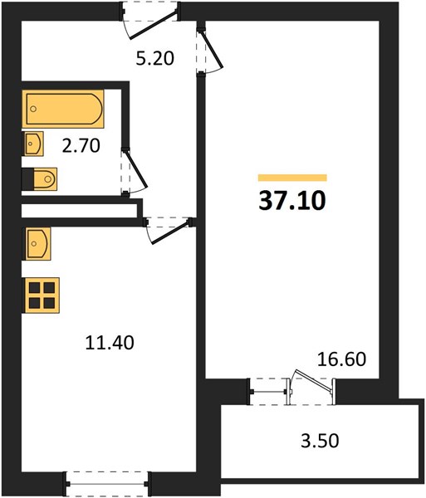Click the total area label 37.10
click(292, 202)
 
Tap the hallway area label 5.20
click(155, 58)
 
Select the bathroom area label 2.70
click(81, 146)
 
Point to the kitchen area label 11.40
click(110, 343)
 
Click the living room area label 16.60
click(342, 359)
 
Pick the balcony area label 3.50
click(320, 441)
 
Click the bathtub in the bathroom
click(63, 109)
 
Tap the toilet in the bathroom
click(39, 179)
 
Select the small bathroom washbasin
click(32, 144)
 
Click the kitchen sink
click(37, 243)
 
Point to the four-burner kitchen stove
click(41, 295)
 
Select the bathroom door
click(134, 172)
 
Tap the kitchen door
click(169, 231)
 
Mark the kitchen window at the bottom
click(107, 484)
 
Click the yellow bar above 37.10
click(292, 178)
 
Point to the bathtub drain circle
click(33, 109)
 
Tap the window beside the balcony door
click(269, 392)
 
